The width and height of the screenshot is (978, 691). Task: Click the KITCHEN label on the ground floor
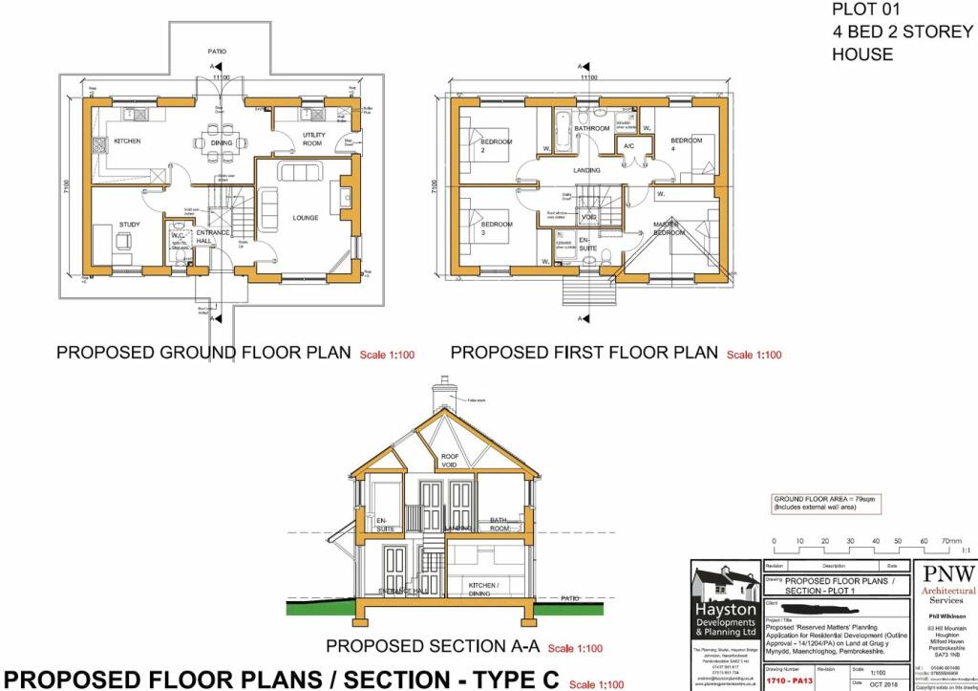tap(127, 141)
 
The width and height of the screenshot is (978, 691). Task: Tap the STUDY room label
tap(129, 225)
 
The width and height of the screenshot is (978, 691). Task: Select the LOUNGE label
tap(306, 218)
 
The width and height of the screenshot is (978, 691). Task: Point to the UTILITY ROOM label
tap(313, 140)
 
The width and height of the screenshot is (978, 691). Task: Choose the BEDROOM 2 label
tap(496, 146)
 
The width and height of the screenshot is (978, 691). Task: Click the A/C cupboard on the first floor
tap(628, 146)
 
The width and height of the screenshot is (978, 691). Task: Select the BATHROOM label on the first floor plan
tap(591, 128)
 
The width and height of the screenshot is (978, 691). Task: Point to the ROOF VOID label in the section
tap(450, 462)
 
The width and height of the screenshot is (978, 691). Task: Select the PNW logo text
tap(946, 573)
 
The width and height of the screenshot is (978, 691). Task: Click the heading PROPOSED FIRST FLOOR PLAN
tap(584, 353)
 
